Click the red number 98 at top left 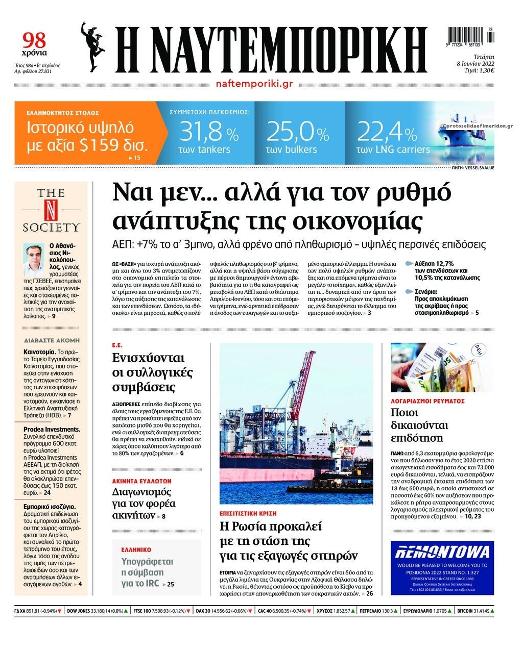pos(34,40)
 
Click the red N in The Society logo pos(51,210)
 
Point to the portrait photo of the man pos(35,260)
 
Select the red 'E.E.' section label pos(117,345)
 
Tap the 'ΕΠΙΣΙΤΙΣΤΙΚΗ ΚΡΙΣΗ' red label pos(248,513)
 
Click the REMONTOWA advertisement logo pos(442,552)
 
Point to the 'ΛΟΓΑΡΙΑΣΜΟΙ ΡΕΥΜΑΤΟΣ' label pos(427,401)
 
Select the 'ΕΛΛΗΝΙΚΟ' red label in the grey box pos(136,550)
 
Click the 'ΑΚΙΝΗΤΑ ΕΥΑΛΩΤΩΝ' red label pos(141,481)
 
